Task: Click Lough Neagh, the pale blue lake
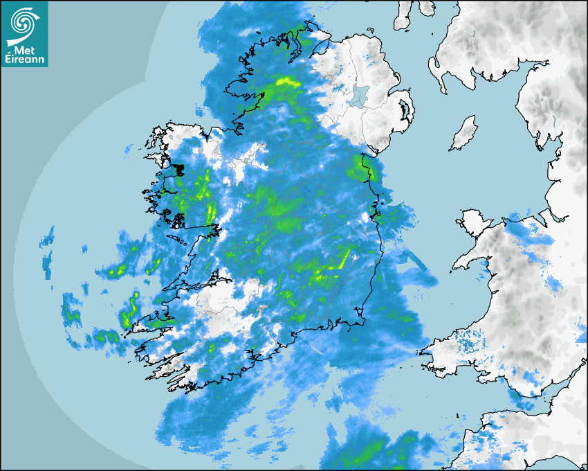360,95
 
